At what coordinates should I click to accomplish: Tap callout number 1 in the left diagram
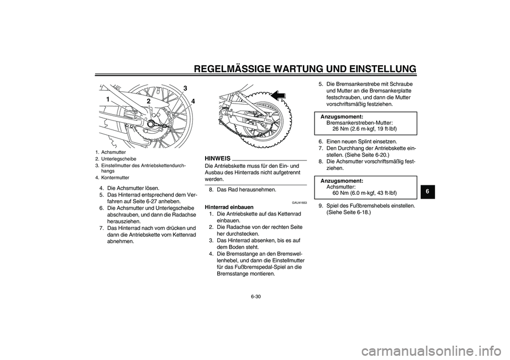click(x=107, y=100)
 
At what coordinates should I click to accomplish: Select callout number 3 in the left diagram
click(x=185, y=88)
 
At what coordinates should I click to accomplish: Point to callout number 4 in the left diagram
click(x=193, y=101)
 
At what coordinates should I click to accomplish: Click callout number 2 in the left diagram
click(x=149, y=101)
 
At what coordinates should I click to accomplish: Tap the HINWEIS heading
click(x=217, y=158)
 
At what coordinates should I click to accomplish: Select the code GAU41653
click(x=299, y=202)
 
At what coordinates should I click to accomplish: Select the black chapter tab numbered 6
click(x=426, y=189)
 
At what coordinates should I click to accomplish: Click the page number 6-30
click(x=255, y=296)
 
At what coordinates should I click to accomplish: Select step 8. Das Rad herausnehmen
click(x=245, y=189)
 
